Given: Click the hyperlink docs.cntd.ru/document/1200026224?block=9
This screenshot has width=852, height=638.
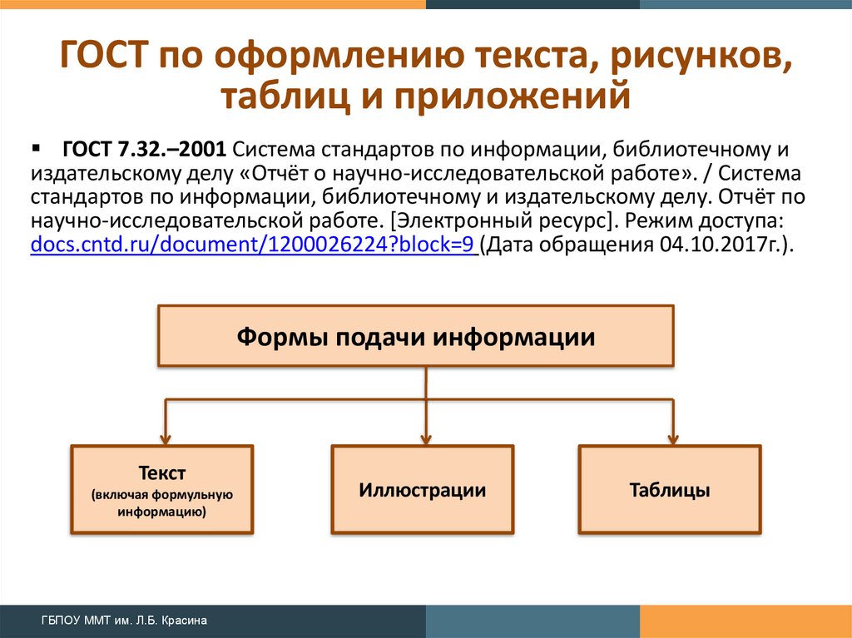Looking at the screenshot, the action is [251, 246].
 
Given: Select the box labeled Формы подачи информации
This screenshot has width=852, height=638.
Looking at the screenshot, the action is [415, 336].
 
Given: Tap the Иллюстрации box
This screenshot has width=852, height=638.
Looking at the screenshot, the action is [422, 490].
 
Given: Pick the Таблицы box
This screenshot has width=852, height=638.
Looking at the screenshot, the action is [670, 490].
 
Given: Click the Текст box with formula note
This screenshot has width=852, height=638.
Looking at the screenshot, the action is [162, 490].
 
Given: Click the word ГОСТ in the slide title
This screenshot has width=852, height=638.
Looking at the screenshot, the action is [104, 59].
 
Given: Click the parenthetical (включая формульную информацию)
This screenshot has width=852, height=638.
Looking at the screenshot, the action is [162, 504].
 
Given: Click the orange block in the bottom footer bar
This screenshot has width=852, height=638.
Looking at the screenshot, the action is [745, 621].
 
